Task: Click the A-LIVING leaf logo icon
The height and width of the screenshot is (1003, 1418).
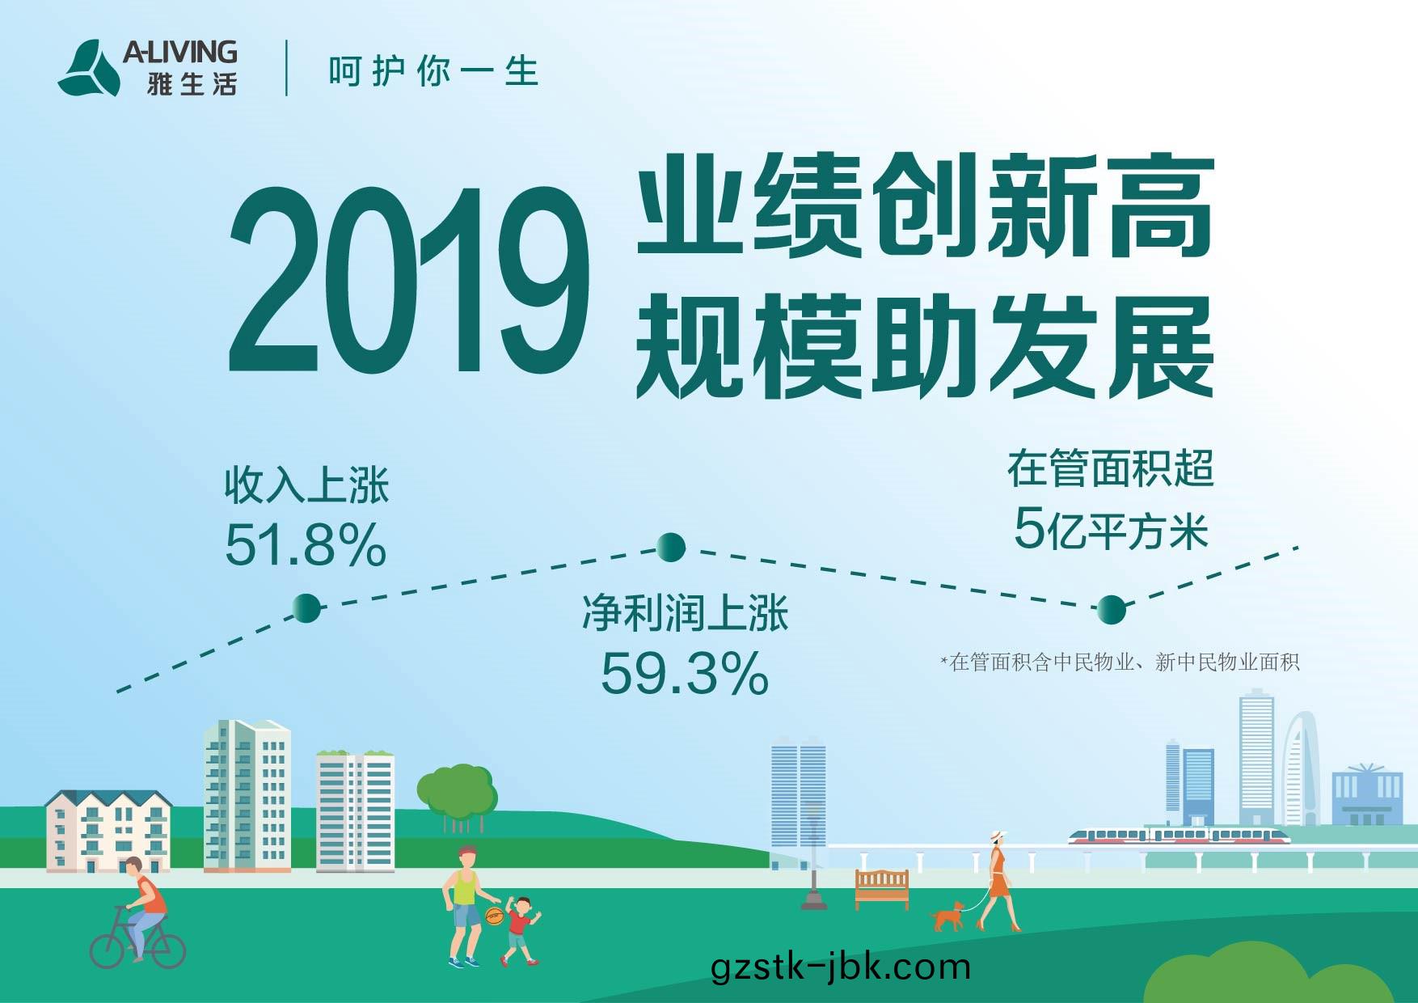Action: click(x=89, y=69)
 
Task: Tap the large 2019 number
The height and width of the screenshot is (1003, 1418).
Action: click(x=409, y=279)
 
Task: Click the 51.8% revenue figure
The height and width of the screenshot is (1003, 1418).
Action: click(x=306, y=544)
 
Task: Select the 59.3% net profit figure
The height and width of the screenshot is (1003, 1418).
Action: click(x=685, y=673)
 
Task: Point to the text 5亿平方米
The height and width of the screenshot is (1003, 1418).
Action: click(x=1111, y=530)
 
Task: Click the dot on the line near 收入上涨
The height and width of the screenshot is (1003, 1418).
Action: click(x=306, y=607)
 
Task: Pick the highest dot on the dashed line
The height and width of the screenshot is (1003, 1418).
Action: click(x=671, y=548)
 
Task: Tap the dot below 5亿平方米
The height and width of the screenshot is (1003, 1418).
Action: click(x=1112, y=609)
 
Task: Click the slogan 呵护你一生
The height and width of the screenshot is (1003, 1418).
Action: click(x=433, y=71)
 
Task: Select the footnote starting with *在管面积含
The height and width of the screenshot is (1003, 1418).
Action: click(x=1120, y=662)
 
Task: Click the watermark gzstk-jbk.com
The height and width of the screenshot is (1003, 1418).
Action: click(x=841, y=967)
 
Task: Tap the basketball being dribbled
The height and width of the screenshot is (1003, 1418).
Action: click(x=495, y=916)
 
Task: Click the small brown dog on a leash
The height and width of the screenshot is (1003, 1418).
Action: click(x=947, y=916)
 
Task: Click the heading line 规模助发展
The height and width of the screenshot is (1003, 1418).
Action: click(x=925, y=346)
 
